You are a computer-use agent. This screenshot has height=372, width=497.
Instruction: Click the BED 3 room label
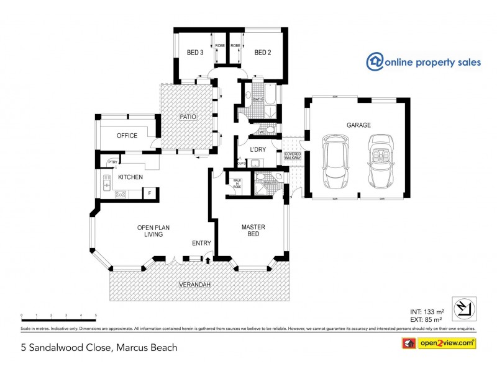[x=195, y=53]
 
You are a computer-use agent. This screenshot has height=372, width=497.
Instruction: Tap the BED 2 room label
[x=263, y=53]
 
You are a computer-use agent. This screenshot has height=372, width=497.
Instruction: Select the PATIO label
[x=188, y=116]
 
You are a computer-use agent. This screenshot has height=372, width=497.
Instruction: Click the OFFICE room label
[x=127, y=136]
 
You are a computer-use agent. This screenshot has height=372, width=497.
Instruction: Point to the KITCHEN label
[x=130, y=177]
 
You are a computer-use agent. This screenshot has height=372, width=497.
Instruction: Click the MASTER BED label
[x=253, y=231]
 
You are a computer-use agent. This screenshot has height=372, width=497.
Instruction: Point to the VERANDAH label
[x=194, y=285]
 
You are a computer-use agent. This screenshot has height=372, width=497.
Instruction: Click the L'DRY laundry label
[x=258, y=150]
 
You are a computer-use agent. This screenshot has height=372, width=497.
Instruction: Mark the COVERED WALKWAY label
[x=293, y=156]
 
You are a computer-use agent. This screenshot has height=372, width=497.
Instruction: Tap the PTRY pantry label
[x=112, y=162]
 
